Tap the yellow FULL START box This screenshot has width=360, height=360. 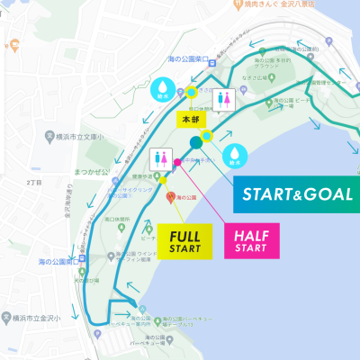point(184,238)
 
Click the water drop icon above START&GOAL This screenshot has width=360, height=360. point(236,155)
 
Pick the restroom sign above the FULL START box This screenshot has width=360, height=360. point(163,158)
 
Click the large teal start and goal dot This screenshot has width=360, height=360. point(196,142)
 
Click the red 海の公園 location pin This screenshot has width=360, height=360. point(168,195)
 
